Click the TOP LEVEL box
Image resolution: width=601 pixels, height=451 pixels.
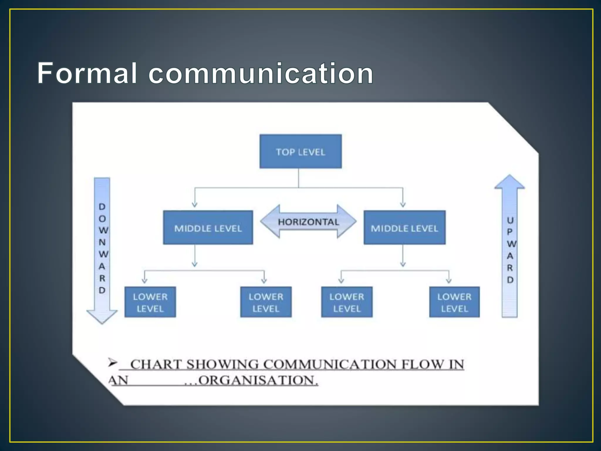click(x=300, y=152)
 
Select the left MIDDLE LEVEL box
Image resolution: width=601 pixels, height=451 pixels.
click(x=208, y=228)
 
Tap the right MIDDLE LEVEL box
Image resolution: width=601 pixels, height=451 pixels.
click(x=404, y=228)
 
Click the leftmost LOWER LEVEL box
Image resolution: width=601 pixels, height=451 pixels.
click(x=150, y=302)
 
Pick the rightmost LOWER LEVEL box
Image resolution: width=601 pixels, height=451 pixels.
click(x=454, y=302)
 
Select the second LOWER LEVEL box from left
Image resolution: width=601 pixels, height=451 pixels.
click(x=266, y=302)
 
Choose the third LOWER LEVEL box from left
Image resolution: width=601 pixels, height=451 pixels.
click(x=347, y=302)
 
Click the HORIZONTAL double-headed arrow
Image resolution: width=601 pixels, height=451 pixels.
click(x=308, y=222)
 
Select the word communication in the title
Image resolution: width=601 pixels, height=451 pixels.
click(x=261, y=73)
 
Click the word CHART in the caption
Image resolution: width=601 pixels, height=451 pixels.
click(x=156, y=364)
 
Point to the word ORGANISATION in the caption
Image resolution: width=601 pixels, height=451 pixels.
click(x=258, y=381)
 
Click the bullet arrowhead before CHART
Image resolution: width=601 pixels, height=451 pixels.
click(x=112, y=363)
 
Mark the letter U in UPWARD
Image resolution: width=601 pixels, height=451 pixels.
click(x=510, y=220)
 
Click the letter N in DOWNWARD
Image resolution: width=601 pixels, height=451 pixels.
click(x=102, y=242)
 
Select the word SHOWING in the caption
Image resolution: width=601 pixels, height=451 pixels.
click(x=222, y=364)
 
